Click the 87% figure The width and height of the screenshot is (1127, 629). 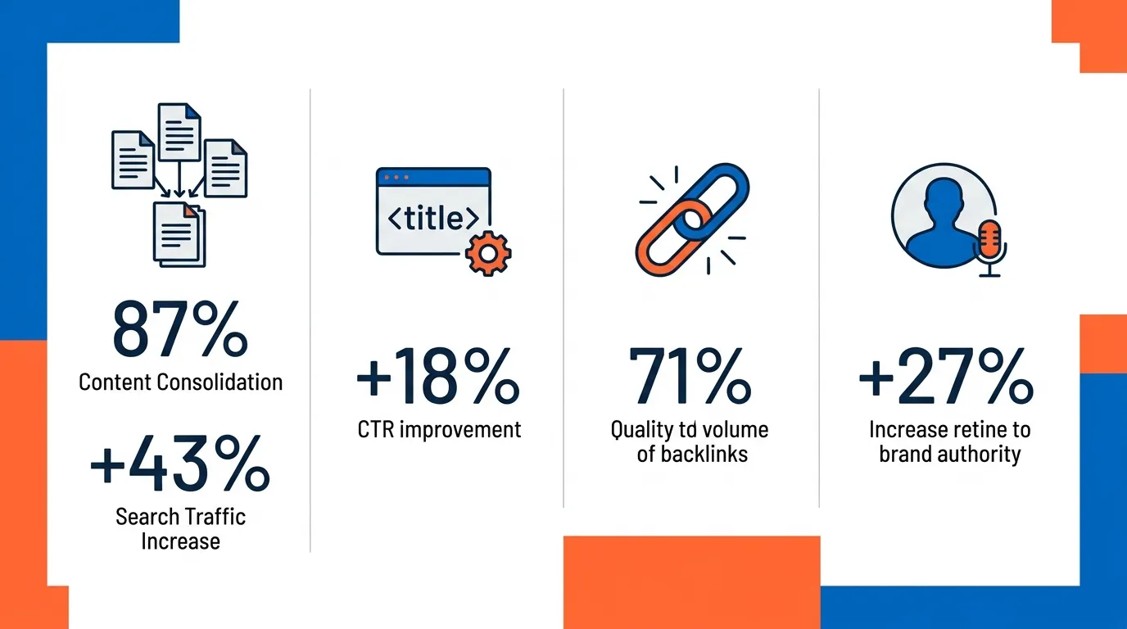(179, 328)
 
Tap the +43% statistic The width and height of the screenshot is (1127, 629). (179, 463)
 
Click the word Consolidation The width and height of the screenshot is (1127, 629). (220, 382)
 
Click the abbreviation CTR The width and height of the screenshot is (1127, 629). (376, 430)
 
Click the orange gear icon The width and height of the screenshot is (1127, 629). (488, 253)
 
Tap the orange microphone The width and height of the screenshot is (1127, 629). (990, 240)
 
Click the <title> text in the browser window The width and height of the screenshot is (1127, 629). (433, 218)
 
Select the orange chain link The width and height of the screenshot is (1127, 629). (668, 239)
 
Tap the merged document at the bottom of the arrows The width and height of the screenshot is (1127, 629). (179, 234)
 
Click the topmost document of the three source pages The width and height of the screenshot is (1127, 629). (179, 132)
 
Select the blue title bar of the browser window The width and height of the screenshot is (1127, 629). (433, 177)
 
